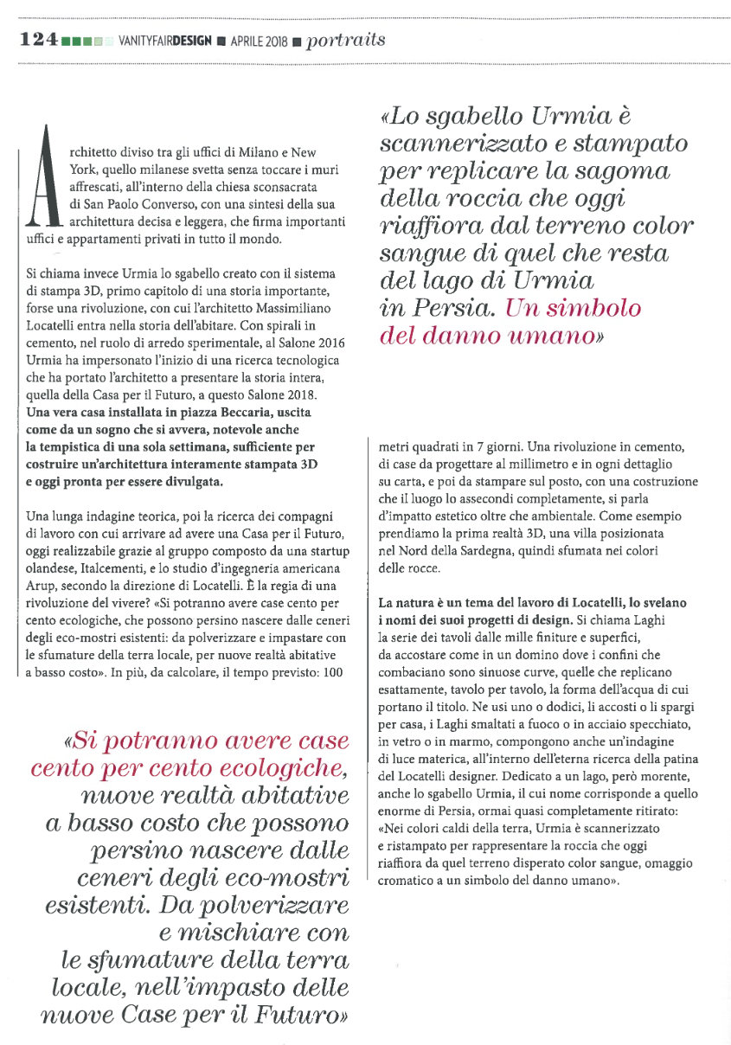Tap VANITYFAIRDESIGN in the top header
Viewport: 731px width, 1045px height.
click(x=164, y=41)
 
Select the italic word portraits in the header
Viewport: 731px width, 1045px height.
click(x=346, y=40)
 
